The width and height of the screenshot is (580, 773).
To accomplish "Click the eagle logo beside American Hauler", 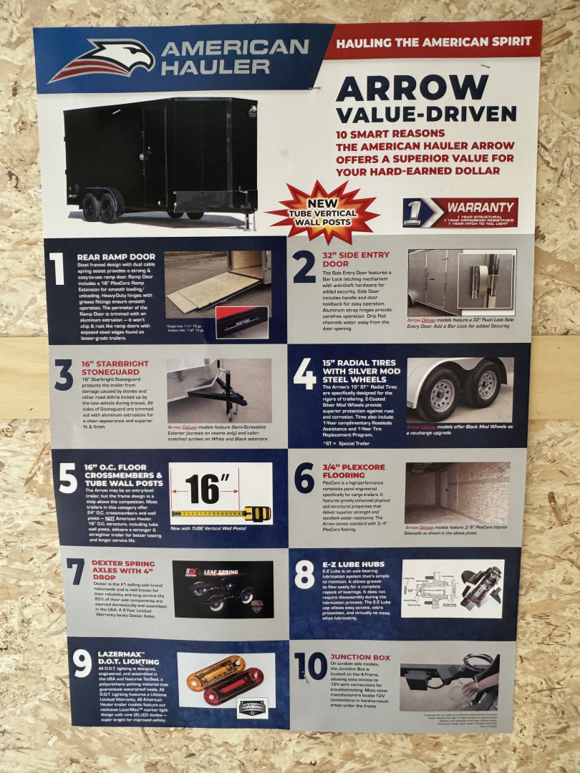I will (x=104, y=59).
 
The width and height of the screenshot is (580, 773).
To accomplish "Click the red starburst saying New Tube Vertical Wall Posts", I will (x=322, y=211).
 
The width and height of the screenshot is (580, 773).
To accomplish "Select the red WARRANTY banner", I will (x=460, y=213).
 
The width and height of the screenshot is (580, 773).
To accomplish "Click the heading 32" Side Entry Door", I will (x=356, y=259).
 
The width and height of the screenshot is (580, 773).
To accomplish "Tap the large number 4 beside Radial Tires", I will (x=304, y=374).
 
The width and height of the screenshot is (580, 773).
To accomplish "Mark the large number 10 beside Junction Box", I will (x=311, y=666).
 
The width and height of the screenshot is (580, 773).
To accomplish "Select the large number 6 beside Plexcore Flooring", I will (x=304, y=478).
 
